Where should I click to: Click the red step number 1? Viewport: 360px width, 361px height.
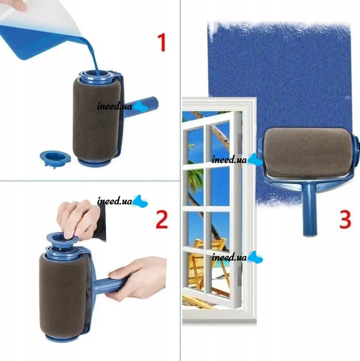[162, 42]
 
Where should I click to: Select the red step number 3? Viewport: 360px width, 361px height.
[345, 219]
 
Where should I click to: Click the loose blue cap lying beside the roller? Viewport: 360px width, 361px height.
[55, 159]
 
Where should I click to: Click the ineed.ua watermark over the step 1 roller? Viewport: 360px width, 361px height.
[122, 106]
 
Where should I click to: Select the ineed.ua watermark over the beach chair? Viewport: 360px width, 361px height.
[237, 257]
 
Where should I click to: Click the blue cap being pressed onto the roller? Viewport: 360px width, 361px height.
[63, 239]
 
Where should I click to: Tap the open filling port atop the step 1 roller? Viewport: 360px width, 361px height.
[96, 75]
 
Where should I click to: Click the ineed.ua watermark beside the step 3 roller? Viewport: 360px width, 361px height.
[237, 159]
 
